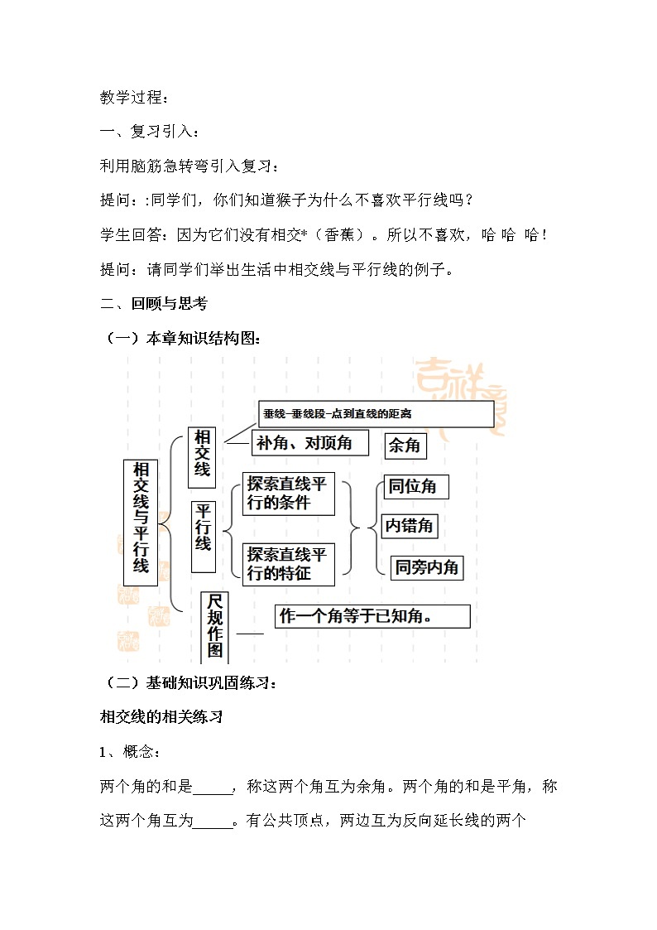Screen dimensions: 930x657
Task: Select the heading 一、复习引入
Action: pos(149,133)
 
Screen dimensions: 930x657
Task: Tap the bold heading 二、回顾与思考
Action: pos(154,303)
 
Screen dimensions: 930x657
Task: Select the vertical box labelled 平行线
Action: pos(204,536)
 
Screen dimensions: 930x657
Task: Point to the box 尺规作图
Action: pos(215,625)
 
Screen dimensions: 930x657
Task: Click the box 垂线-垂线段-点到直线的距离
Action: pos(376,413)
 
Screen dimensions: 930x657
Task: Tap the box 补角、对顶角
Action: pos(305,443)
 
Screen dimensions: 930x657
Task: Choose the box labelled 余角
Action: pos(405,446)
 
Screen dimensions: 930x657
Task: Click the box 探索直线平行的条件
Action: pos(288,494)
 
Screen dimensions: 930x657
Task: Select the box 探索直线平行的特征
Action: pos(288,564)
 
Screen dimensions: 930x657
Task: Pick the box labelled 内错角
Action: pos(410,525)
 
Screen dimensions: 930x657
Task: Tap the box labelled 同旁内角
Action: pos(426,567)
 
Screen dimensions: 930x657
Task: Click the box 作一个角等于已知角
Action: pos(372,616)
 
